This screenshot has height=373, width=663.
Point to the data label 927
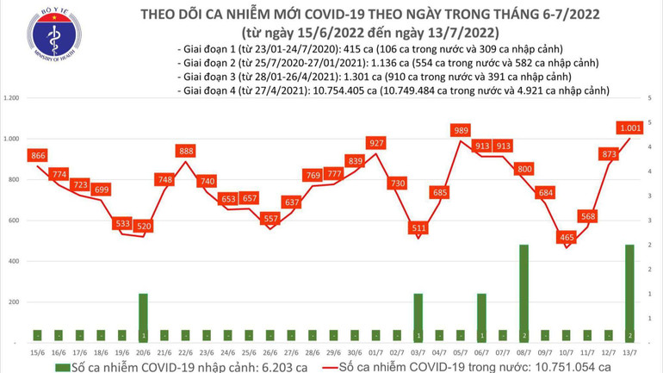pyautogui.click(x=375, y=143)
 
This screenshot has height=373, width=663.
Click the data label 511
pyautogui.click(x=418, y=227)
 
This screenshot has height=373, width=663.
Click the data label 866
pyautogui.click(x=37, y=156)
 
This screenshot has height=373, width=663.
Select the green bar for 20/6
pyautogui.click(x=144, y=317)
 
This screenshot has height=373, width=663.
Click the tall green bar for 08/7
pyautogui.click(x=524, y=293)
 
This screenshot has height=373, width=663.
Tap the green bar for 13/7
pyautogui.click(x=629, y=293)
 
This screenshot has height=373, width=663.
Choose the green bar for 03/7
pyautogui.click(x=418, y=317)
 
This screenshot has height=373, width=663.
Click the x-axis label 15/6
pyautogui.click(x=37, y=351)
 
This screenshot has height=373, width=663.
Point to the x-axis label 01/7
pyautogui.click(x=375, y=351)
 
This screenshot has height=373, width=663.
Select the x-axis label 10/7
pyautogui.click(x=567, y=351)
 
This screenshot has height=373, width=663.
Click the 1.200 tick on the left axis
pyautogui.click(x=12, y=98)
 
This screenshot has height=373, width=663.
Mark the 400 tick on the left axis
pyautogui.click(x=15, y=261)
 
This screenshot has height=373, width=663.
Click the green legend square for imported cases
pyautogui.click(x=61, y=366)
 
